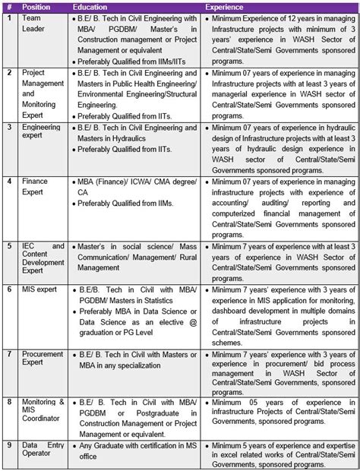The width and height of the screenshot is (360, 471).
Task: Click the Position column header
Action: pos(36,6)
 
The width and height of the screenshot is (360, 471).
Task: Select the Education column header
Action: pos(90,6)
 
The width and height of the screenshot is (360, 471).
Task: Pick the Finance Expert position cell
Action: pos(36,187)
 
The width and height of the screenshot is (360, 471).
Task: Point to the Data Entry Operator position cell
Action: pos(37,456)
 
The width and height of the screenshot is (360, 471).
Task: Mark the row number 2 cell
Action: pos(9,72)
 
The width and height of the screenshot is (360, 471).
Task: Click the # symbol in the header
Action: pos(9,6)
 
